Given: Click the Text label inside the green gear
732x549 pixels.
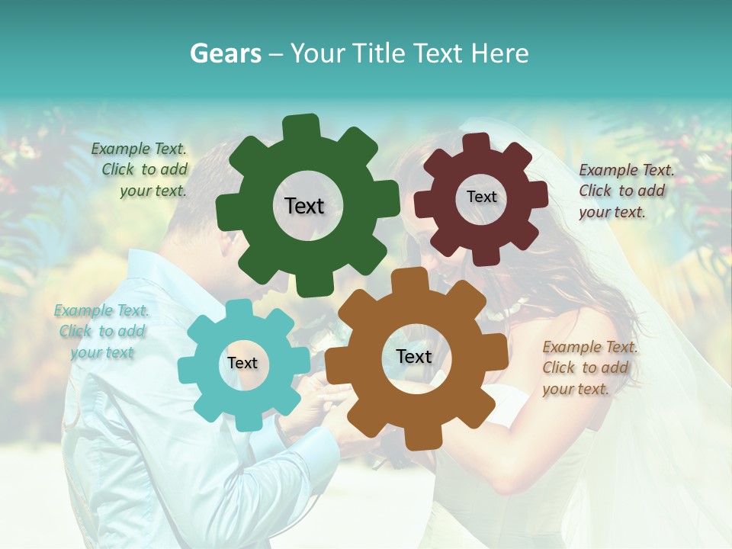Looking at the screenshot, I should [x=304, y=206].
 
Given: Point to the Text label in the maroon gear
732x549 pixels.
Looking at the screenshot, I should [x=481, y=197].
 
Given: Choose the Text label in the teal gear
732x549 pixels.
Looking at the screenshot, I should [x=242, y=363].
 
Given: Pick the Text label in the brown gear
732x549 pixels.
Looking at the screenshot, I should [x=414, y=356].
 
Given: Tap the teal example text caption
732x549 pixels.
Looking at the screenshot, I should [x=102, y=332].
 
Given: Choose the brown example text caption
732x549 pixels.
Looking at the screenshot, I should [x=589, y=368].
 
